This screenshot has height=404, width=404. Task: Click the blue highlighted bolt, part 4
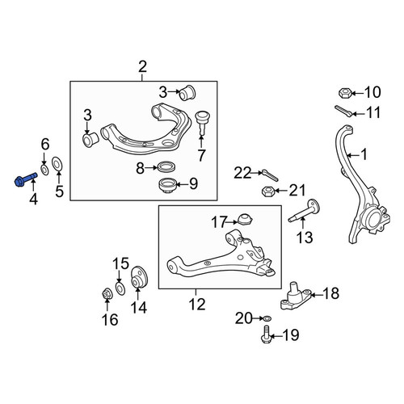(x=25, y=179)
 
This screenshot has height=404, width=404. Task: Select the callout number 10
(x=372, y=92)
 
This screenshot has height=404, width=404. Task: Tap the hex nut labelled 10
(x=345, y=93)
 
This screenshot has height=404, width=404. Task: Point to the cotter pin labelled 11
(x=343, y=111)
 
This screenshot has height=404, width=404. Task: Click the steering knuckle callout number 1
(x=364, y=155)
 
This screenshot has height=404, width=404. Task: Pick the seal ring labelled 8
(x=167, y=166)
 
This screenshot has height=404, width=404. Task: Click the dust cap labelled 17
(x=246, y=219)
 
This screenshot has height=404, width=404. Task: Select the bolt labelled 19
(x=266, y=334)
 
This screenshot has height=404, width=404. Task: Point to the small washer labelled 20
(x=267, y=318)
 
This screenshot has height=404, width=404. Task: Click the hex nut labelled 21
(x=268, y=191)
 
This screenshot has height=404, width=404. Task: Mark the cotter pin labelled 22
(x=270, y=175)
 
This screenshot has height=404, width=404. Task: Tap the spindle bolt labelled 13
(x=305, y=211)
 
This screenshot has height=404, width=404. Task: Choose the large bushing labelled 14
(x=139, y=277)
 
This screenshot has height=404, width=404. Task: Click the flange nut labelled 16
(x=107, y=293)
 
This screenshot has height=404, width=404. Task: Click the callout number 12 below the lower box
(x=197, y=304)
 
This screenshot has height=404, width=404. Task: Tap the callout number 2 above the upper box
(x=142, y=66)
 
